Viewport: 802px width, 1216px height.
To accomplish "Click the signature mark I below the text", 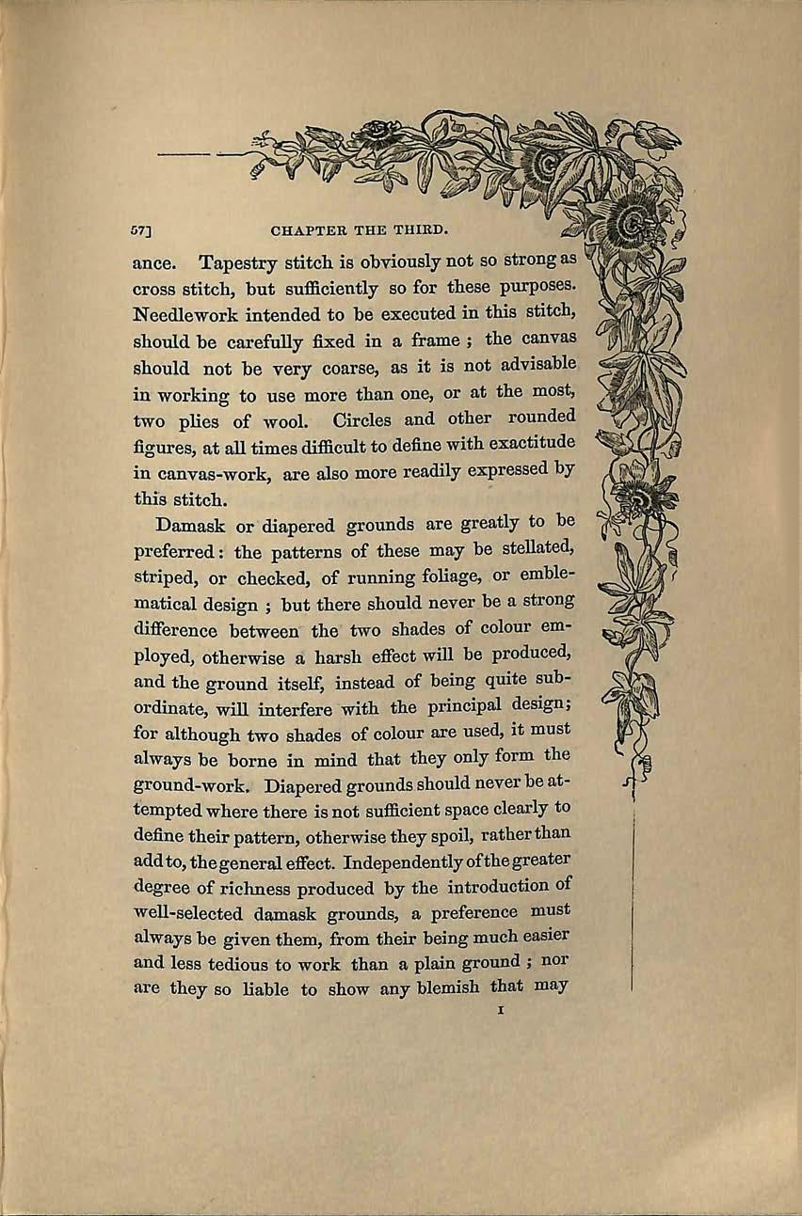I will [x=505, y=1012].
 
